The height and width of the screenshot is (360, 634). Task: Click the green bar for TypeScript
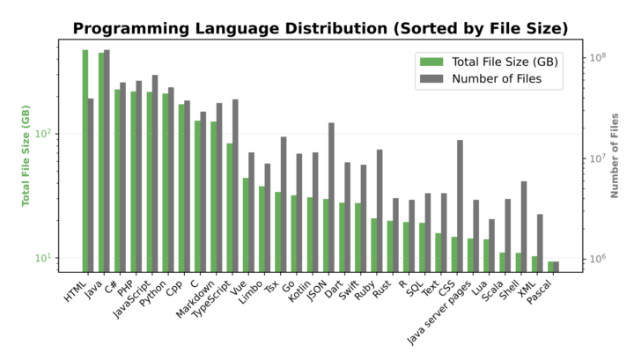point(230,207)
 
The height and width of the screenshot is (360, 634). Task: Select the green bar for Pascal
point(550,266)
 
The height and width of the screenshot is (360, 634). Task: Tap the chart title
point(320,29)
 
